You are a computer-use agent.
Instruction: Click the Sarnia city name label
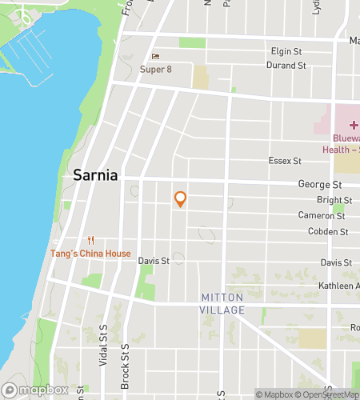point(95,175)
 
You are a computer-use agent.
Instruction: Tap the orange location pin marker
point(180,199)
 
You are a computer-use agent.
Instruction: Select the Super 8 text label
point(156,70)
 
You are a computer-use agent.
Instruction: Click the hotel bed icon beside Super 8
point(155,57)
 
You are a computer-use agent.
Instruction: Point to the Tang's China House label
point(91,254)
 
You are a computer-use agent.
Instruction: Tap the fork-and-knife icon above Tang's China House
point(91,241)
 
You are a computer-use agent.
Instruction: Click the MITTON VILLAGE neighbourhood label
point(222,303)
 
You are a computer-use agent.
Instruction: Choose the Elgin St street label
point(286,52)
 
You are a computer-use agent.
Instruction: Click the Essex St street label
point(285,161)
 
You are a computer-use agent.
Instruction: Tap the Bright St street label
point(329,200)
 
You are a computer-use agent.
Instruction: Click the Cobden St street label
point(328,232)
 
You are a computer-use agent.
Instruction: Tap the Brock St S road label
point(125,366)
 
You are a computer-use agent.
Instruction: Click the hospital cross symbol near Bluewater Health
point(354,126)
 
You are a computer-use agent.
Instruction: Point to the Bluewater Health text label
point(341,143)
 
